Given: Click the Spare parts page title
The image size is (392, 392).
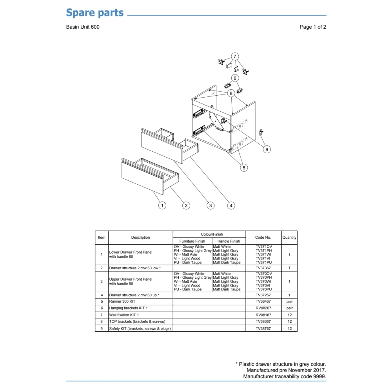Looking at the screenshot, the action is coord(95,13).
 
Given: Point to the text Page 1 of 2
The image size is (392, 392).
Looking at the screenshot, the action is coord(313,27).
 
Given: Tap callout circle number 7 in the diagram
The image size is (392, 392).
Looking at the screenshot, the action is coord(235,56).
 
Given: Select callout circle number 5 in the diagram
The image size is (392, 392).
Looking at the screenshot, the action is coord(244,168).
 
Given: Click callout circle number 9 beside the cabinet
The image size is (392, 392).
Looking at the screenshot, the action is coord(267,149).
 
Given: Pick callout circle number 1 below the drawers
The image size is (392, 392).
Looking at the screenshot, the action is coord(162,205).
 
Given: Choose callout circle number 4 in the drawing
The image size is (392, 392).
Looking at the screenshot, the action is coord(231,205).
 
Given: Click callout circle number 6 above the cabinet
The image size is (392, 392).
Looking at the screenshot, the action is coord(235,78).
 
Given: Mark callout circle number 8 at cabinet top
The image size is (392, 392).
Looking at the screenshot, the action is coord(231,94).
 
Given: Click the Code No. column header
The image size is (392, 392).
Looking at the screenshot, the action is coord(263,238).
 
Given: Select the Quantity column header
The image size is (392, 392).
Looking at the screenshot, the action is coord(289,238).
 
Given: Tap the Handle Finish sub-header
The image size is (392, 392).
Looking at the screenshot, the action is coord(229,241).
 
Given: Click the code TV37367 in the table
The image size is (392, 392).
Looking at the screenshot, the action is coord(263,268).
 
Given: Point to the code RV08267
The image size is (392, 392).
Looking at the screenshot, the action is coord(263,308).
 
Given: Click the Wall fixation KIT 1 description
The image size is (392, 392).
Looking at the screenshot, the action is coord(124,315).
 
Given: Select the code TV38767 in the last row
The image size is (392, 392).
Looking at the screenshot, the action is coord(263,329).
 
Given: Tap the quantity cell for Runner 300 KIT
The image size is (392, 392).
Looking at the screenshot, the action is coord(290,302).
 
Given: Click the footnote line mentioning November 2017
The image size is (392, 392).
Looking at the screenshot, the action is coord(286,370).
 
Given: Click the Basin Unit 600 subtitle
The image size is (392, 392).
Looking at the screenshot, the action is coord(83,27).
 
